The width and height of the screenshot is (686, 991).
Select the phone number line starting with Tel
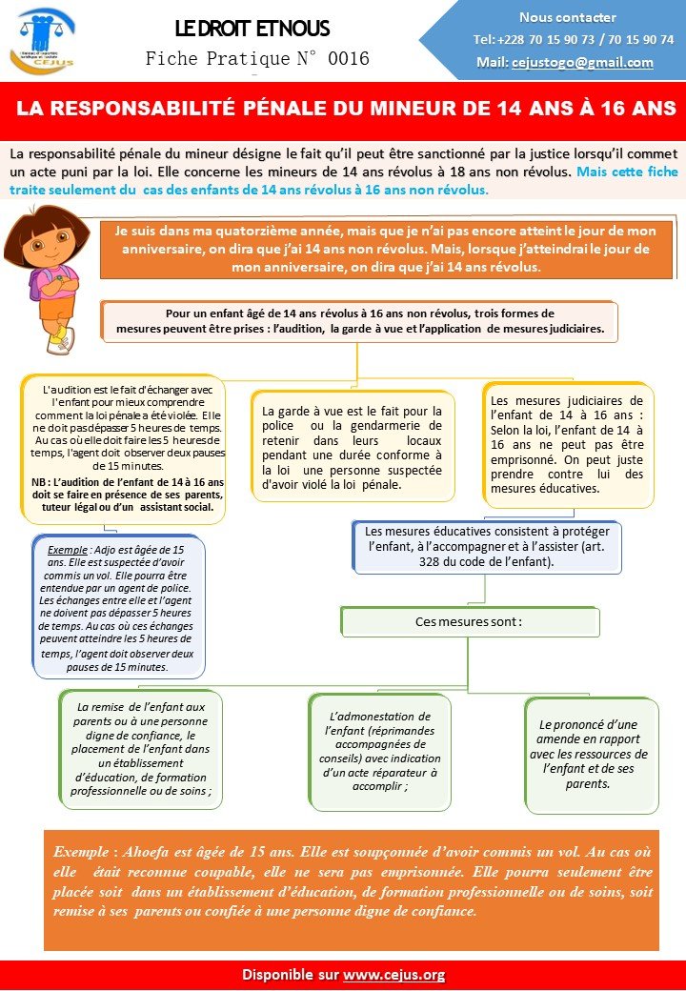pyautogui.click(x=574, y=40)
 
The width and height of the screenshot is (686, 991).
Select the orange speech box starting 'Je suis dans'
pyautogui.click(x=391, y=249)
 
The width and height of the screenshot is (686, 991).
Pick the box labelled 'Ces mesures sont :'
pyautogui.click(x=468, y=621)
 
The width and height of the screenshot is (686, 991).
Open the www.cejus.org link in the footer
pyautogui.click(x=393, y=975)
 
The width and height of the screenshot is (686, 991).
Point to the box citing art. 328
pyautogui.click(x=486, y=548)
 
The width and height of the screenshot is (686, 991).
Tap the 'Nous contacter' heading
pyautogui.click(x=568, y=17)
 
